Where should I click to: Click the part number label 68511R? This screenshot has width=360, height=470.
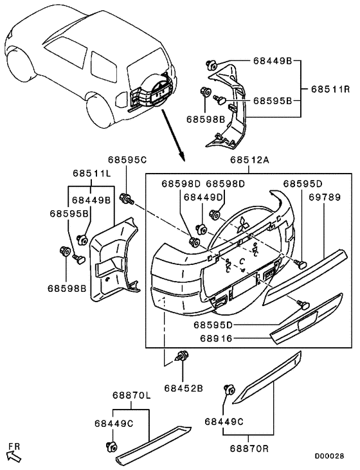point(330,89)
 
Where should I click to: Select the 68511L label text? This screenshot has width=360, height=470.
point(92,174)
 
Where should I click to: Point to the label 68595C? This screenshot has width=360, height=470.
point(127,159)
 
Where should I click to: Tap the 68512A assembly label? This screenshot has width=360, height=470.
point(249,159)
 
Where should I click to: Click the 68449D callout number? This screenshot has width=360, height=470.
point(203,197)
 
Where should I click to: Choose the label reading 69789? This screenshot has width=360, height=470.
point(325,197)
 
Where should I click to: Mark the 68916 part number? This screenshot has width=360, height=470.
point(216,338)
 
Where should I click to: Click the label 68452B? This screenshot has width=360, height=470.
point(183,388)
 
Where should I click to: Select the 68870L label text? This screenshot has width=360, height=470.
point(132,395)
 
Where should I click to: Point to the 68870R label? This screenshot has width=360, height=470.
point(249,449)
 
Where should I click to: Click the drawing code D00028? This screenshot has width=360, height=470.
point(329,456)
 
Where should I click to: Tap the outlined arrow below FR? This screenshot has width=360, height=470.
point(14,457)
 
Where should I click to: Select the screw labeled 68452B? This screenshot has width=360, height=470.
point(181,356)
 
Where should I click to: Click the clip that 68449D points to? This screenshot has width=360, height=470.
point(201,229)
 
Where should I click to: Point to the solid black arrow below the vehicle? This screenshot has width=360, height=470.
point(173,135)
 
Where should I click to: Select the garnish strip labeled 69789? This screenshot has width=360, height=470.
point(305,276)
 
